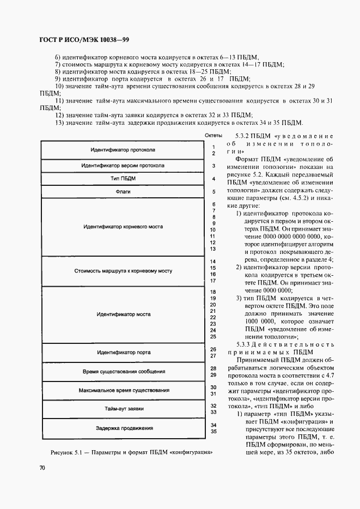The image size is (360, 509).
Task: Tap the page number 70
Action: tap(42, 468)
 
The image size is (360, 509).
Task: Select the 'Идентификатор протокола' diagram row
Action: tap(123, 149)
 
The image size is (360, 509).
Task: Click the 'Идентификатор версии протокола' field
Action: tap(123, 165)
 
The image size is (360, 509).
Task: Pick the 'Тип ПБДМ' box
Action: tap(123, 179)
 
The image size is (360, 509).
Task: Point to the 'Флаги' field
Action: tap(123, 192)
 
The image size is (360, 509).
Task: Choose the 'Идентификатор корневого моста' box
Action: tap(123, 226)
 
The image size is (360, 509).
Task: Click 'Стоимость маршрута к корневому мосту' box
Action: tap(123, 270)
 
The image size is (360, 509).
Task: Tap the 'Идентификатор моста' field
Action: tap(123, 314)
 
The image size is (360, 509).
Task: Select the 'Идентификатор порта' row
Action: tap(123, 353)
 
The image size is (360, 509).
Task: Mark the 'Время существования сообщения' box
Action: tap(123, 372)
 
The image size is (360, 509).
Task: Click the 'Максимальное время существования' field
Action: tap(123, 390)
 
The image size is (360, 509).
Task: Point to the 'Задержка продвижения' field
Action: tap(123, 428)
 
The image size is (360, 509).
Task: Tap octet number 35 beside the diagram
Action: tap(213, 432)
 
